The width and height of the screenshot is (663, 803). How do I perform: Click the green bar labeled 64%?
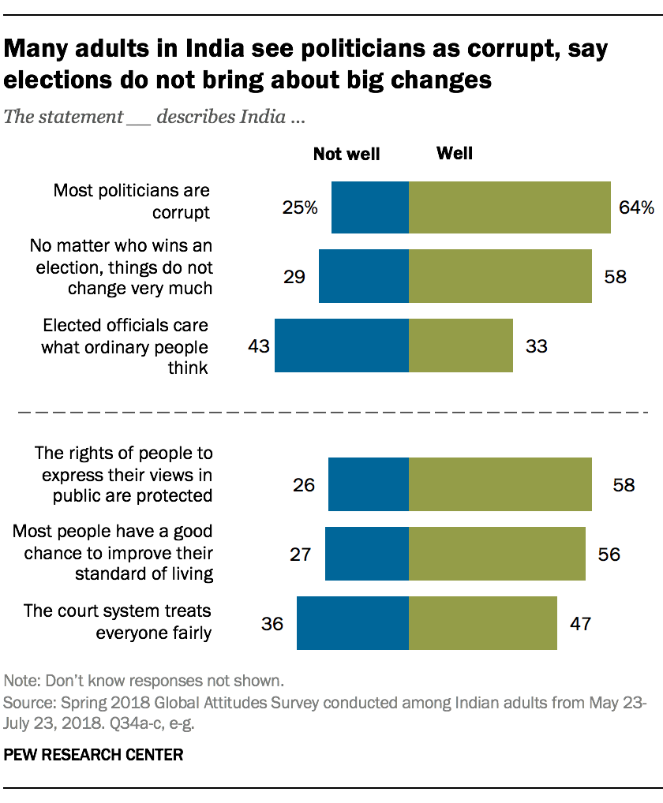509,207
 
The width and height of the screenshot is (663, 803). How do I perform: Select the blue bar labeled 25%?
369,207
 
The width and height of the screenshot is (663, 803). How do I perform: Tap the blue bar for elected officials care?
341,345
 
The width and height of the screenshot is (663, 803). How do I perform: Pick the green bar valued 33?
460,345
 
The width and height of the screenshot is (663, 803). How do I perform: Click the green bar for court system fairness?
482,623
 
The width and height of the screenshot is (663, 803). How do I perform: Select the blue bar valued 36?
352,623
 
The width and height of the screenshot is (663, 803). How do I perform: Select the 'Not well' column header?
346,155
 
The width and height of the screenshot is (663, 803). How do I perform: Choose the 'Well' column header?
455,153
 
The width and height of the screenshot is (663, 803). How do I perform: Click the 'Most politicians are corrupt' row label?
131,202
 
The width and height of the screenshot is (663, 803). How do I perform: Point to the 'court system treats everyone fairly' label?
118,622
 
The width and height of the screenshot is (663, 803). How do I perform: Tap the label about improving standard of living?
113,552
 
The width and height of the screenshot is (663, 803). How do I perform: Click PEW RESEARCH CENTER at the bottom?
94,755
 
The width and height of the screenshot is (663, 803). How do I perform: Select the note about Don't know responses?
144,681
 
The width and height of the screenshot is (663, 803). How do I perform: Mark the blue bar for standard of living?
366,555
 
